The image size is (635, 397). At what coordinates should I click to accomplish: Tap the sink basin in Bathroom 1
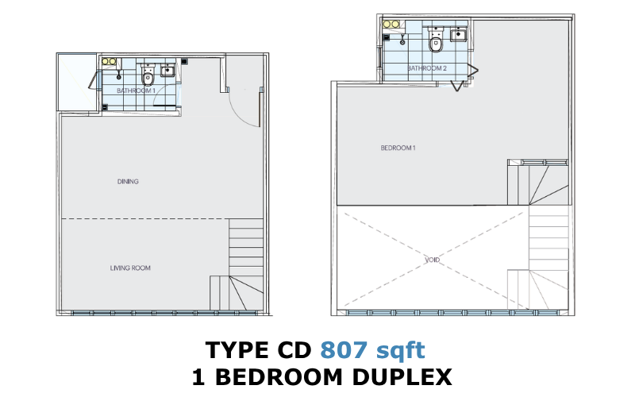click(167, 71)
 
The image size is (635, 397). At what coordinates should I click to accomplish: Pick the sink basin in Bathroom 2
click(459, 34)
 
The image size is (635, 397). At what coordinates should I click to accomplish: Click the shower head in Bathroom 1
click(118, 75)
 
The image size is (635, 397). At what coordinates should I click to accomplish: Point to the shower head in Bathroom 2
click(402, 40)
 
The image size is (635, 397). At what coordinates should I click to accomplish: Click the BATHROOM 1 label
click(136, 91)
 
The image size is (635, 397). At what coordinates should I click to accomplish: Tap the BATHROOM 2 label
click(427, 68)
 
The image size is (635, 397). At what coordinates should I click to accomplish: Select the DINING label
click(128, 182)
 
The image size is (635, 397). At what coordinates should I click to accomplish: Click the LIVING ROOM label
click(130, 268)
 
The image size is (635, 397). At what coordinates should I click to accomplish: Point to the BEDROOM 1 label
click(398, 148)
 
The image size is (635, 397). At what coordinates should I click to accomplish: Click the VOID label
click(432, 260)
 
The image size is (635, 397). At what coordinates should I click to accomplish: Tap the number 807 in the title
click(344, 350)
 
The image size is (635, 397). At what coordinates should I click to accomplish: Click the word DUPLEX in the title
click(402, 377)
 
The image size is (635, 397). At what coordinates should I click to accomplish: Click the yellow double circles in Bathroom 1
click(109, 62)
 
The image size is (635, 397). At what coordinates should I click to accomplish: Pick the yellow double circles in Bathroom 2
click(391, 25)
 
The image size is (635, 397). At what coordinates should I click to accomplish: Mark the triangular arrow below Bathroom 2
click(457, 86)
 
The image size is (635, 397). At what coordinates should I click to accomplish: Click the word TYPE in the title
click(237, 350)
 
